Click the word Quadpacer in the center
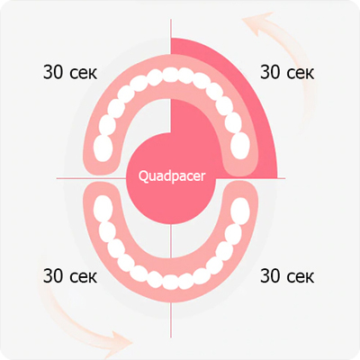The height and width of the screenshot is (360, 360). click(x=172, y=176)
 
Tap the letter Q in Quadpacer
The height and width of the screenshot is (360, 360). click(x=143, y=176)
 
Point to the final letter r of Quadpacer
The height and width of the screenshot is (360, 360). click(x=203, y=177)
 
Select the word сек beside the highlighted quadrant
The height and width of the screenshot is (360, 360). click(x=300, y=74)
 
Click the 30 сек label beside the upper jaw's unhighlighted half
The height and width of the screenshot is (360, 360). click(x=70, y=72)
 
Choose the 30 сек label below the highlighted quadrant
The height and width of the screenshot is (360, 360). click(x=287, y=276)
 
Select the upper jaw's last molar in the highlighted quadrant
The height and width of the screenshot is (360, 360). click(x=240, y=146)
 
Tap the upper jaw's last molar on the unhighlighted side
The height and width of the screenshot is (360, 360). click(x=103, y=148)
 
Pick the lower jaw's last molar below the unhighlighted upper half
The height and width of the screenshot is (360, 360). click(x=103, y=209)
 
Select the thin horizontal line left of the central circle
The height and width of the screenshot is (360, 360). click(x=91, y=178)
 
